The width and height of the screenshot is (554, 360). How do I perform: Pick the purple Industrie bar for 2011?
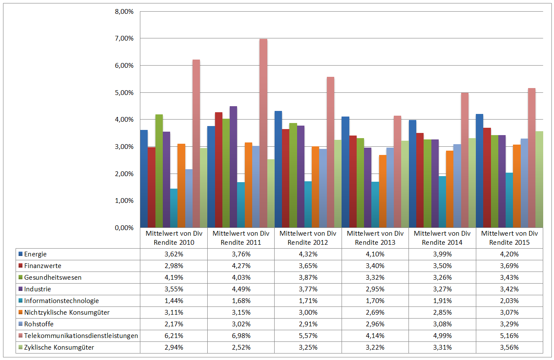[x=233, y=167]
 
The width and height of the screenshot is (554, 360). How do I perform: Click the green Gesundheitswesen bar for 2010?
[x=159, y=171]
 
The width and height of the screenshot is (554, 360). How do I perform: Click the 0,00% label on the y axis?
[x=124, y=227]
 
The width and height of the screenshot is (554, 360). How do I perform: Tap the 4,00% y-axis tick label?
[x=124, y=120]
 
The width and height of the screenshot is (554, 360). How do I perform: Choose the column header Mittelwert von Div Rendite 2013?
[x=375, y=238]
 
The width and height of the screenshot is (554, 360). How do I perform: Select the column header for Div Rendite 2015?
[x=510, y=238]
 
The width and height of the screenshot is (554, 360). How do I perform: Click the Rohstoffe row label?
[x=39, y=324]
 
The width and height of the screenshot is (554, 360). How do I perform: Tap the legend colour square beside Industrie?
[x=20, y=289]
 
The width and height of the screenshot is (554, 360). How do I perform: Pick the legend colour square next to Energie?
[x=20, y=254]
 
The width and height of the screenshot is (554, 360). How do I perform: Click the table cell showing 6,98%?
[x=241, y=335]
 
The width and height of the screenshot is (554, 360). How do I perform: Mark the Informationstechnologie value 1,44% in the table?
[x=174, y=300]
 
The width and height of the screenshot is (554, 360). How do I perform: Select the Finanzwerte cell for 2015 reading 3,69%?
[x=510, y=265]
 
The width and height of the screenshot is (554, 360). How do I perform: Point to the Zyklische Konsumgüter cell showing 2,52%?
[x=241, y=347]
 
